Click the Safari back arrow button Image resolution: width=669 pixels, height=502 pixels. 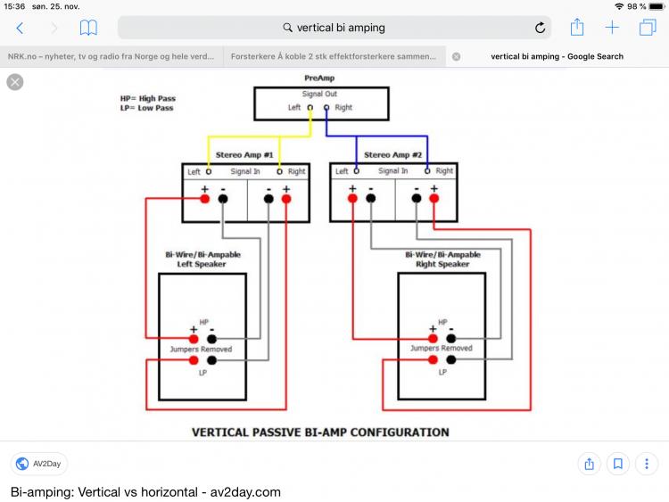[x=20, y=28]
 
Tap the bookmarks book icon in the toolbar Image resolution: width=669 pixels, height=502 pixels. [x=88, y=28]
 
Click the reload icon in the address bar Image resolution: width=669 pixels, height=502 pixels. [x=540, y=28]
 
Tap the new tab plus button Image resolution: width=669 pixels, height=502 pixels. [x=612, y=28]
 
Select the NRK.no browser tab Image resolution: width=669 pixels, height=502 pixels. [x=111, y=56]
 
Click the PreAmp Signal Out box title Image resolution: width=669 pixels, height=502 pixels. [x=319, y=93]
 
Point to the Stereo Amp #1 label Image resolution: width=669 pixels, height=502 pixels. [x=245, y=155]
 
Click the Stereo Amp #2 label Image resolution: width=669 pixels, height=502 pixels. [x=393, y=155]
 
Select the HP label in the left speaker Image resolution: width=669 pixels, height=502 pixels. [x=204, y=322]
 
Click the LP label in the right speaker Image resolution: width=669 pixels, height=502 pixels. [x=442, y=371]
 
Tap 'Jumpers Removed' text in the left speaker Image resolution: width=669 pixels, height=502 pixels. [x=202, y=349]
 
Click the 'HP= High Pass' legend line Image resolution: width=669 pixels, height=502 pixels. [x=146, y=98]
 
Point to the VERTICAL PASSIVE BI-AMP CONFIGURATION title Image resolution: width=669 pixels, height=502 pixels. [x=320, y=432]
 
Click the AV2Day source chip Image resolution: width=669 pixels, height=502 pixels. [x=39, y=464]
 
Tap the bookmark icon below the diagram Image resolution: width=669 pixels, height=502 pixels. [x=617, y=464]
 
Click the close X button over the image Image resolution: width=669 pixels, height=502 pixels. [x=15, y=82]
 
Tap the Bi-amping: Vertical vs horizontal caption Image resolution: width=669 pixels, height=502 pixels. [x=145, y=491]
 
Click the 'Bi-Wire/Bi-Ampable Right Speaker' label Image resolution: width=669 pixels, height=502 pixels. [x=442, y=259]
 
